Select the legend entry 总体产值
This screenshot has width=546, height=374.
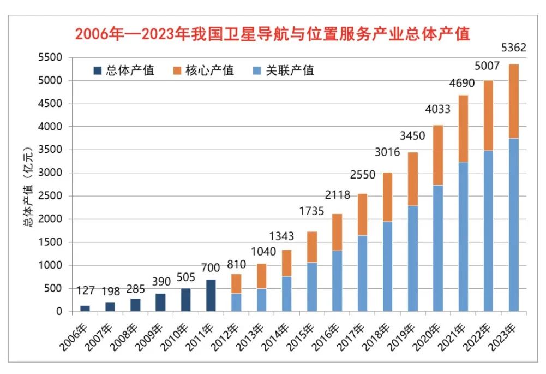pyautogui.click(x=124, y=70)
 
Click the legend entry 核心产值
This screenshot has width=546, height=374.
pyautogui.click(x=204, y=70)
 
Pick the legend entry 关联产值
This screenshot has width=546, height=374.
pyautogui.click(x=283, y=70)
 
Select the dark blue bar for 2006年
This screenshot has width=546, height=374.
pyautogui.click(x=85, y=308)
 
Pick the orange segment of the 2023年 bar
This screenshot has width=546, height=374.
pyautogui.click(x=514, y=101)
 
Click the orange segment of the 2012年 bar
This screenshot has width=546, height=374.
pyautogui.click(x=236, y=284)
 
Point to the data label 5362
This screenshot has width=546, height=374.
pyautogui.click(x=513, y=48)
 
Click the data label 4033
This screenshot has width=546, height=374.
pyautogui.click(x=437, y=109)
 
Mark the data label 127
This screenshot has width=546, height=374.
pyautogui.click(x=85, y=290)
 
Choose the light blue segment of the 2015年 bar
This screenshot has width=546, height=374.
pyautogui.click(x=311, y=287)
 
